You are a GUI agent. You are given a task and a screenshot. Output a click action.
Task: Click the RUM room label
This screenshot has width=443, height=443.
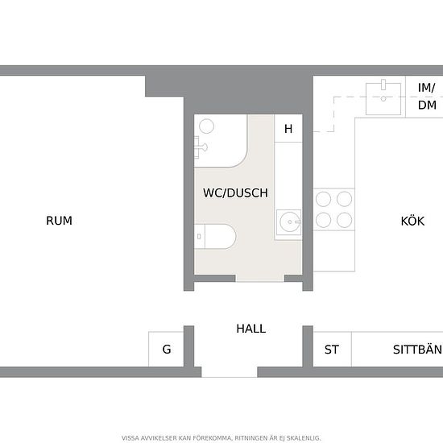59,221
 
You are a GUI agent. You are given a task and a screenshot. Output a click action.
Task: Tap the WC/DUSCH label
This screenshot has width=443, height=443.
235,193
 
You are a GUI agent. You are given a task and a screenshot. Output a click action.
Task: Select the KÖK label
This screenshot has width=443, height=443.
412,221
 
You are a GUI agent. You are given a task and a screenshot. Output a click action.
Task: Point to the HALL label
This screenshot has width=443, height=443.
250,329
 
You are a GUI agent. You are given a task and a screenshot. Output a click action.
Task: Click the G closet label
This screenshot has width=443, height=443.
167,350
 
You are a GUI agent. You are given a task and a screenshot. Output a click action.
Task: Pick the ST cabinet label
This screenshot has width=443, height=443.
331,350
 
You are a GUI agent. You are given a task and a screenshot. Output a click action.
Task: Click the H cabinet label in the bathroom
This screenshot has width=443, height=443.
288,129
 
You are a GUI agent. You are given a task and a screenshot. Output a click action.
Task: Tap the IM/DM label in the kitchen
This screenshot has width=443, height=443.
427,97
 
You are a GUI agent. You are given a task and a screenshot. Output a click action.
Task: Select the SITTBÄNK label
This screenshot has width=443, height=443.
418,350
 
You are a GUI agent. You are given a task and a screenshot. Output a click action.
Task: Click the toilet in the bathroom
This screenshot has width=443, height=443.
215,237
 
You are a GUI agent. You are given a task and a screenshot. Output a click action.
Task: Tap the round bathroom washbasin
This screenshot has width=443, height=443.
288,222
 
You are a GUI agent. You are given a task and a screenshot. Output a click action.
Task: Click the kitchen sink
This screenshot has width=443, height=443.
383,98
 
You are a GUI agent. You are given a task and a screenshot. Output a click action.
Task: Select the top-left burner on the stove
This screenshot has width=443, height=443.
323,199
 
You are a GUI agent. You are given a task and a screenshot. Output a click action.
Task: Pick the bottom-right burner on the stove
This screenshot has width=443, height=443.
345,220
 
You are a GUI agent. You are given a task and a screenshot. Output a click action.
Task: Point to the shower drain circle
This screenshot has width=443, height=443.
206,126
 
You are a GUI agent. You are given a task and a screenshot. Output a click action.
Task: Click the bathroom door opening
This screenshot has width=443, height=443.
259,279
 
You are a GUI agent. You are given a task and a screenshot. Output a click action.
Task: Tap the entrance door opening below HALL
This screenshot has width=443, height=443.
229,372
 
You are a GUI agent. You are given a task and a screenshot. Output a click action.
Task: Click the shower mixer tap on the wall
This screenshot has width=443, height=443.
201,147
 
